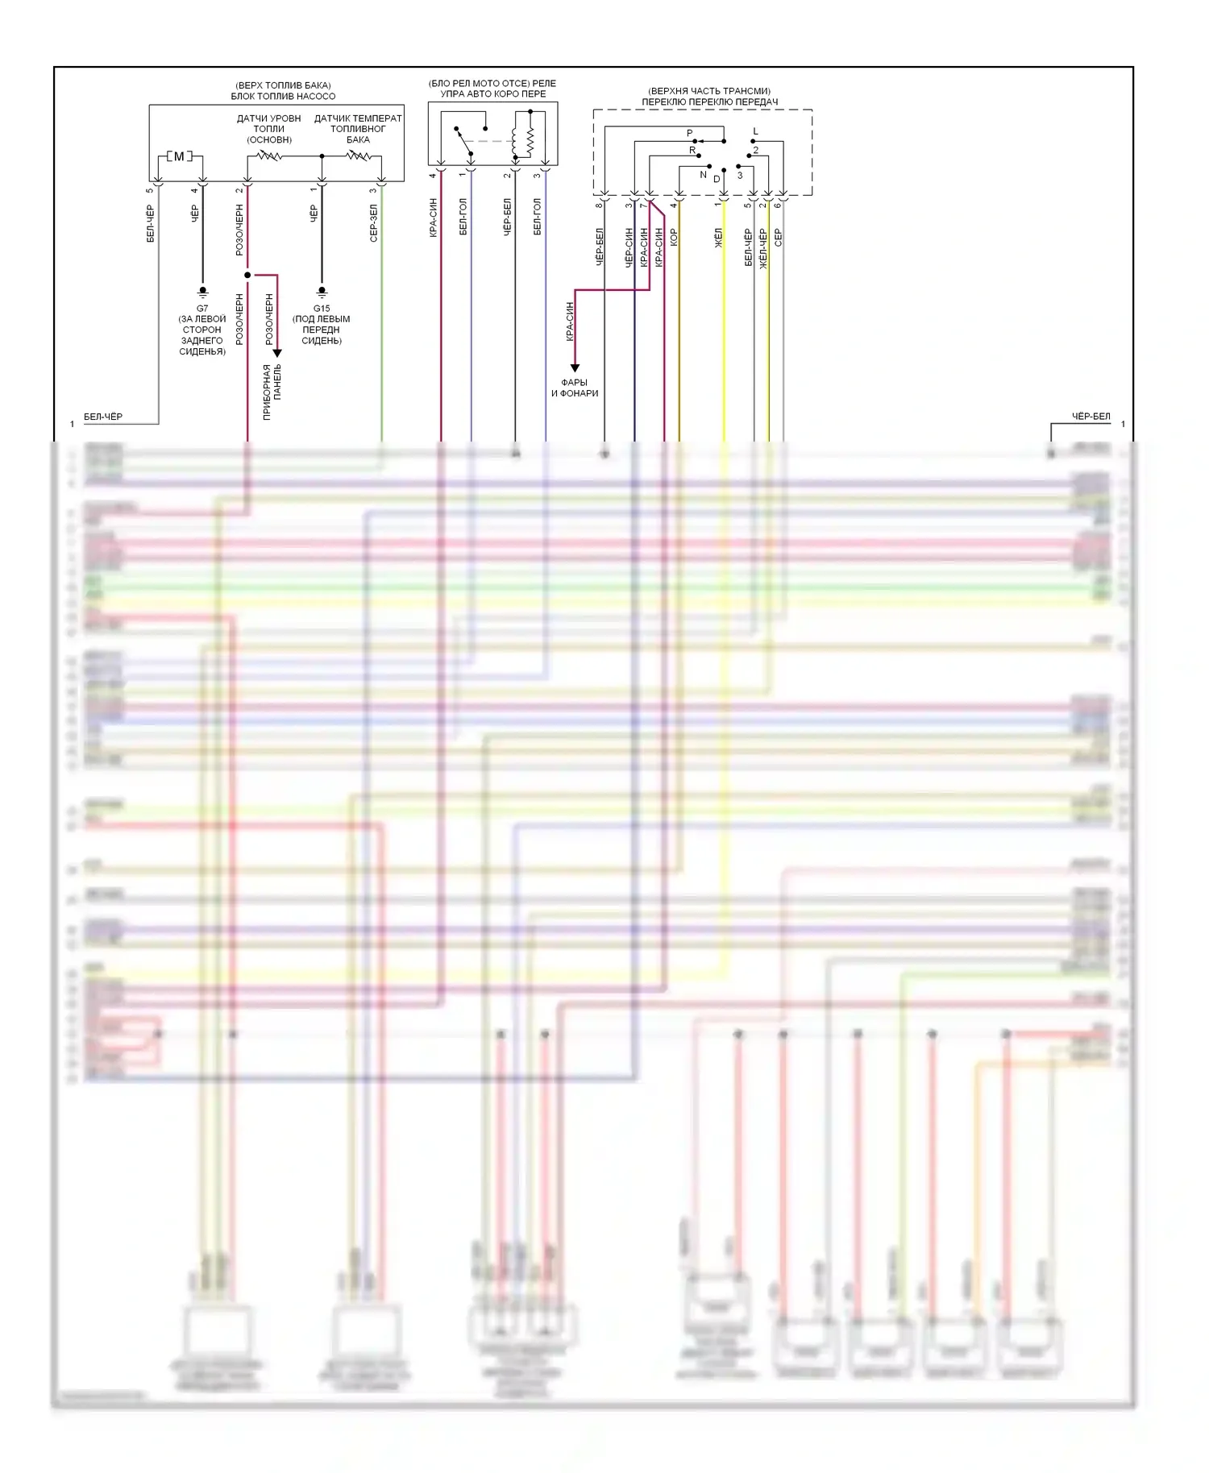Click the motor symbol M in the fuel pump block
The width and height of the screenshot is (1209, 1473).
179,156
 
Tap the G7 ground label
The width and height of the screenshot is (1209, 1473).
202,309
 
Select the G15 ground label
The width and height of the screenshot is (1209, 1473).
322,309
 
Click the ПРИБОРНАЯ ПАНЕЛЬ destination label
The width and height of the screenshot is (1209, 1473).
272,392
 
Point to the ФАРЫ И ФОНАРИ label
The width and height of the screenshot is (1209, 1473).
575,388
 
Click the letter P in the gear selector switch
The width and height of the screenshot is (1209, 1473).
689,133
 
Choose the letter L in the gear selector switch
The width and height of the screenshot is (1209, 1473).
755,131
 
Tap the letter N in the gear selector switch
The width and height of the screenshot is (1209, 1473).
703,175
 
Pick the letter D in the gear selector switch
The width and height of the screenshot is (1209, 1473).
717,179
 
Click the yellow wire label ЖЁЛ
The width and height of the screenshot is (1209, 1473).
719,238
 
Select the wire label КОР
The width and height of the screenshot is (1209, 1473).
675,238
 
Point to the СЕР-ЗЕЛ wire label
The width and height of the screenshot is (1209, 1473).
373,223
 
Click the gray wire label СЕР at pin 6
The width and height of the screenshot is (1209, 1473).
778,238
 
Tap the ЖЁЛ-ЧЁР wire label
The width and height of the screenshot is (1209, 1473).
763,248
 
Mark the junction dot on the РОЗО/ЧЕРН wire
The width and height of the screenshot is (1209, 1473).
247,276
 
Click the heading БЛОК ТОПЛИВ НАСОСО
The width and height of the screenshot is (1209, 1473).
283,96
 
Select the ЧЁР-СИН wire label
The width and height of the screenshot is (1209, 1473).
629,247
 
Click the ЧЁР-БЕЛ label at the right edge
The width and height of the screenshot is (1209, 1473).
1091,417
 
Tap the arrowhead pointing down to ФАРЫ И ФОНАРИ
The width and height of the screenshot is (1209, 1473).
575,368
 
